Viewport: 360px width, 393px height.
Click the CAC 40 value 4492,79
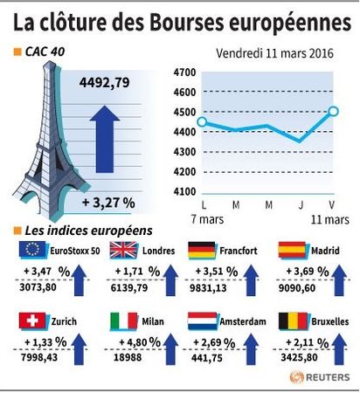click(104, 83)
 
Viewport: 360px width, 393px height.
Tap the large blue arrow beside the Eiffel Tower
click(105, 139)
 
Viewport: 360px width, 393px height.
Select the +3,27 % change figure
click(108, 203)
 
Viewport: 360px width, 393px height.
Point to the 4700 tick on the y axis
click(184, 72)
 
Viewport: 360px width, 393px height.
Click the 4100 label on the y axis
click(184, 191)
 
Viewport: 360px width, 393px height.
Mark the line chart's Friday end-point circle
click(334, 111)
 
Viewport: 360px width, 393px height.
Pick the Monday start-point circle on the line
click(203, 122)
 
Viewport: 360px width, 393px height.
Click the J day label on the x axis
click(301, 205)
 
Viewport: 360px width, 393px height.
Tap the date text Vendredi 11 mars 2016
click(274, 53)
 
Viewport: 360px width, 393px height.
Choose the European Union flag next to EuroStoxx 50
click(32, 250)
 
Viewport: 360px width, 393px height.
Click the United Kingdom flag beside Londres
click(123, 250)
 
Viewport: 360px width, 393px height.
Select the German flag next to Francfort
click(202, 251)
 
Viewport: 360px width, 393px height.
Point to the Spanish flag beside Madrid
click(292, 250)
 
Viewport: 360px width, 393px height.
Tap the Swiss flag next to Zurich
click(32, 321)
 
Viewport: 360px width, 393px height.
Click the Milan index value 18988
click(128, 357)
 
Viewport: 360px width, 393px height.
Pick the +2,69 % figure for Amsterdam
click(214, 342)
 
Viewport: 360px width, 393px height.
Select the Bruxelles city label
click(330, 321)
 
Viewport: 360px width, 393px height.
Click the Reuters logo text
click(328, 377)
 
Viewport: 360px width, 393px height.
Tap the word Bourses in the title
click(187, 23)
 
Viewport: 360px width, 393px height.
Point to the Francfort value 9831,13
click(208, 288)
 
